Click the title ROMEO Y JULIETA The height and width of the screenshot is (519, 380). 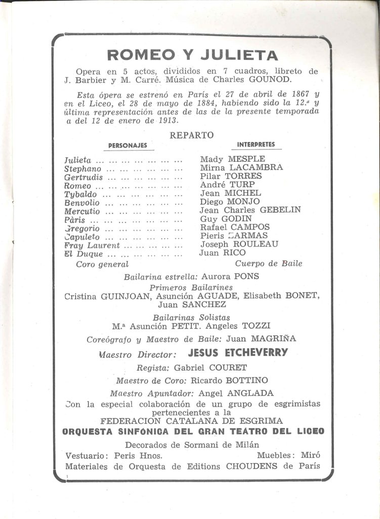coord(193,55)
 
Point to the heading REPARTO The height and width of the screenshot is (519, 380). coord(192,135)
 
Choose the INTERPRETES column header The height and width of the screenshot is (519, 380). coord(256,144)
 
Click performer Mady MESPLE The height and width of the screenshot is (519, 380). coord(232,159)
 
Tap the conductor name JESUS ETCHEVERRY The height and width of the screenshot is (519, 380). coord(237,353)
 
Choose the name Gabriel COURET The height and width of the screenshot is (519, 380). coord(210,367)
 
